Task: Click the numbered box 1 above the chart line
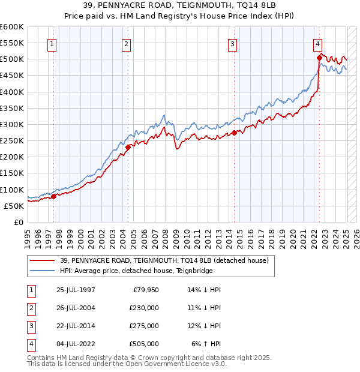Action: click(52, 44)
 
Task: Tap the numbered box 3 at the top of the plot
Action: click(232, 44)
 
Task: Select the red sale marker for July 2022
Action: click(319, 58)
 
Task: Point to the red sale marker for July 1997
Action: click(53, 196)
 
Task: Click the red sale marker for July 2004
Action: click(128, 146)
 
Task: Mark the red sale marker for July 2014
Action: click(234, 133)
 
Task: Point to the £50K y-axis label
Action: click(14, 206)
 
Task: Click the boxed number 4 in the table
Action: click(30, 344)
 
